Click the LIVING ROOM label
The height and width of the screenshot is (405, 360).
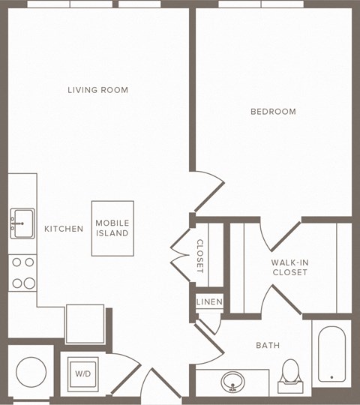tap(97, 90)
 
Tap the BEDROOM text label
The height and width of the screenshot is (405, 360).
tap(273, 112)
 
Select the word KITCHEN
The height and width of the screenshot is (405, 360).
tap(64, 229)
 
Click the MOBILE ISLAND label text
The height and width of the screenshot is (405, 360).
tap(112, 228)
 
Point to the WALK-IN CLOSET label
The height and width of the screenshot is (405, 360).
tap(289, 268)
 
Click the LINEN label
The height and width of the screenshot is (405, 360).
tap(208, 301)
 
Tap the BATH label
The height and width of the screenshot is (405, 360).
tap(268, 346)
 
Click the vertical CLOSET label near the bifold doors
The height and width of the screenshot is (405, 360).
tap(200, 256)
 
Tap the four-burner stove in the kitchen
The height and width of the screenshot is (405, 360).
tap(22, 273)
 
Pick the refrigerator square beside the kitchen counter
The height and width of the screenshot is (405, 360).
tap(85, 323)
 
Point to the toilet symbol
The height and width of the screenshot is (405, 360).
tap(289, 376)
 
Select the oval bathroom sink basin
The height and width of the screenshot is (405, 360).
tap(234, 382)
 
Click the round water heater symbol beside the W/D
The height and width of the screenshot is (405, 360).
tap(31, 370)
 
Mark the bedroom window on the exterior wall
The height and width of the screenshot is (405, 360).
tap(261, 4)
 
